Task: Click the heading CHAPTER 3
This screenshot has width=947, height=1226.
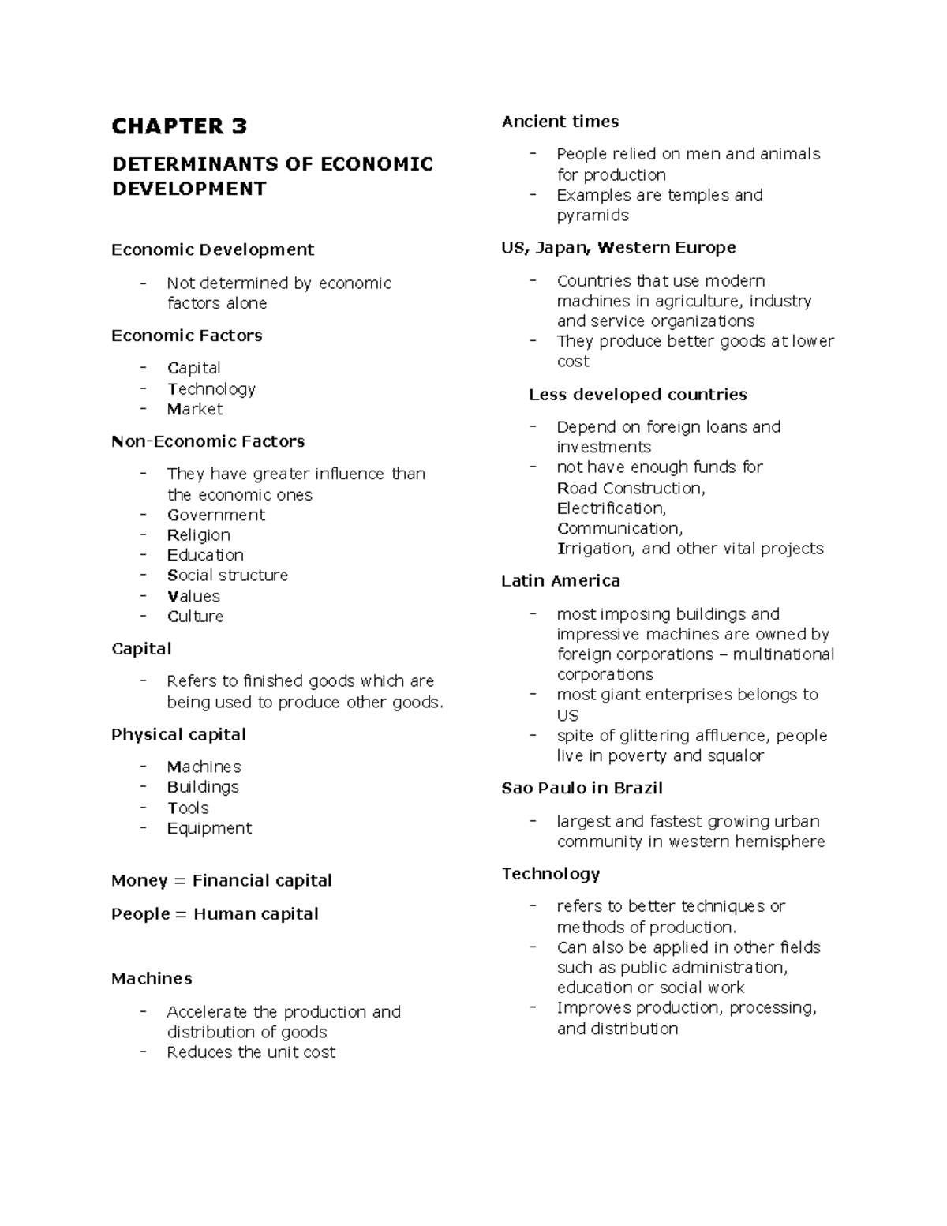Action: click(x=179, y=126)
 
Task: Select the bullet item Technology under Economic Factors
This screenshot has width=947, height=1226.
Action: click(x=211, y=389)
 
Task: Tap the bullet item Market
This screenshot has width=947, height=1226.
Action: click(x=194, y=409)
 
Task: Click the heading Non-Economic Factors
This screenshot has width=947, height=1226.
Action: click(x=208, y=441)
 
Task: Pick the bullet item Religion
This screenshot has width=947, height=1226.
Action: click(x=198, y=535)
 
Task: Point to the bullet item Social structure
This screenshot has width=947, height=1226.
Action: click(x=227, y=576)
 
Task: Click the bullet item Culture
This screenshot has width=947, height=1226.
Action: click(x=195, y=617)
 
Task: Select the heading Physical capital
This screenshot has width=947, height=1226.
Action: click(x=178, y=735)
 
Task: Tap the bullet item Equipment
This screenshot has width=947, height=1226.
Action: click(x=209, y=828)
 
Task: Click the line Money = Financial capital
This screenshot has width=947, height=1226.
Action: click(x=221, y=881)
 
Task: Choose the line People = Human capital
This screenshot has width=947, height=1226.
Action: click(x=215, y=914)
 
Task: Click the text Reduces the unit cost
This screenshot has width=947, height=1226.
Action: click(x=250, y=1052)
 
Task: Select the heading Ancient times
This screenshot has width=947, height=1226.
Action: click(x=560, y=122)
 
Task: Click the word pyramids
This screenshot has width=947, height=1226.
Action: click(x=593, y=216)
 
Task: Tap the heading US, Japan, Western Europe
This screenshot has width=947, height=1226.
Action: click(x=618, y=248)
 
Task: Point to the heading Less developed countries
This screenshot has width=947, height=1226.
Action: click(x=637, y=395)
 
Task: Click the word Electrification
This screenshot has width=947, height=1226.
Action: click(x=611, y=508)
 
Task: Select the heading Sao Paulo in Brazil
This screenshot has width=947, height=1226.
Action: click(x=582, y=789)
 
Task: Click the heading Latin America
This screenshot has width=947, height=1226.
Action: click(x=560, y=581)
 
